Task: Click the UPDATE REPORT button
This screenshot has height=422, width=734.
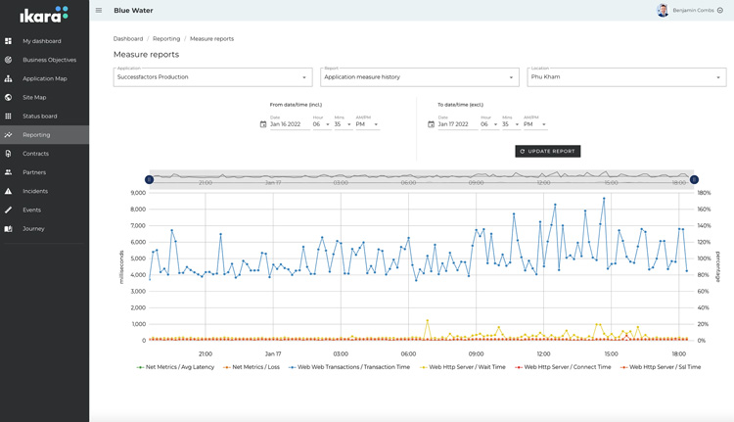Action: [547, 152]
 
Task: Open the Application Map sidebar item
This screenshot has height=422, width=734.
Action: [45, 78]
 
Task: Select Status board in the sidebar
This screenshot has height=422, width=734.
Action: [40, 117]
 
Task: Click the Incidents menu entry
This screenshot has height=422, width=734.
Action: [35, 191]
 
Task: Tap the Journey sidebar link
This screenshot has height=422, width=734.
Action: [33, 228]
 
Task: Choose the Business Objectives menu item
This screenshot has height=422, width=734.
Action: [49, 60]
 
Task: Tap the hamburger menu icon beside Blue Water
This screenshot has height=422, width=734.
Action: [99, 11]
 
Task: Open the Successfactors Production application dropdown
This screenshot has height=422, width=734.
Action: [212, 77]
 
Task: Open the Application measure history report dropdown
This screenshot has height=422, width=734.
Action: [419, 77]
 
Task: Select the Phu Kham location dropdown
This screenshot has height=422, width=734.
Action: [625, 77]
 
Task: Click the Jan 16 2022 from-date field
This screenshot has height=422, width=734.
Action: [289, 124]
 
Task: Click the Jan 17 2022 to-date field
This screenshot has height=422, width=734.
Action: [456, 124]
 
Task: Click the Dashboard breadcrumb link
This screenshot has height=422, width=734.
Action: [128, 39]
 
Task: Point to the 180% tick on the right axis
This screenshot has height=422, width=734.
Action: [703, 193]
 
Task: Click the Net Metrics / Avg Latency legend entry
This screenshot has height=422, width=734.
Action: [177, 367]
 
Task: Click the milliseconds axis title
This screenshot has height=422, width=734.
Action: [121, 266]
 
